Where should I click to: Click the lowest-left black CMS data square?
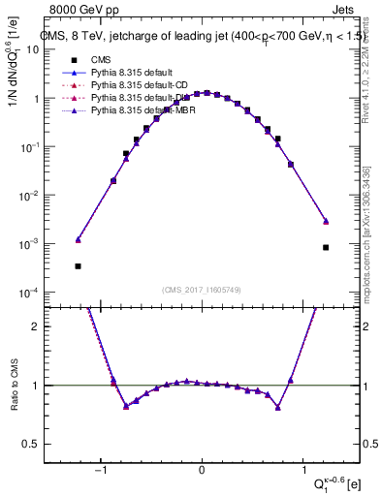[x=78, y=265]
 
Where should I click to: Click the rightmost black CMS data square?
[x=327, y=247]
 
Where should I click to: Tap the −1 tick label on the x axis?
[x=103, y=471]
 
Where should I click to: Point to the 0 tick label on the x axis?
[x=202, y=471]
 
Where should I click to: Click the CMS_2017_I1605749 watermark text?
[x=202, y=291]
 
